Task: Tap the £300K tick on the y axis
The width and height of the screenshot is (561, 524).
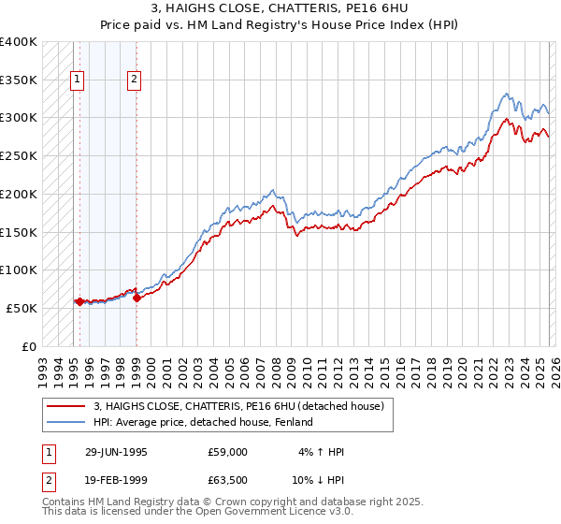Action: pos(19,118)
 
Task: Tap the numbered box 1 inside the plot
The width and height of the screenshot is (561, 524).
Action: pos(76,80)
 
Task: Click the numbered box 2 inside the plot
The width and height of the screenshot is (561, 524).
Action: pos(135,80)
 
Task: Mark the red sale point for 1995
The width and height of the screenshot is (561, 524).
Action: pos(80,301)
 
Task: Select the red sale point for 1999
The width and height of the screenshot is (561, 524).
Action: pos(137,298)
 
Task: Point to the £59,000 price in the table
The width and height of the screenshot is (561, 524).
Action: pos(227,452)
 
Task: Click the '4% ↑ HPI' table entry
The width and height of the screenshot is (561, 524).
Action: pos(321,452)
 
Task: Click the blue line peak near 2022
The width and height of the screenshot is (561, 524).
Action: pos(506,94)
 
